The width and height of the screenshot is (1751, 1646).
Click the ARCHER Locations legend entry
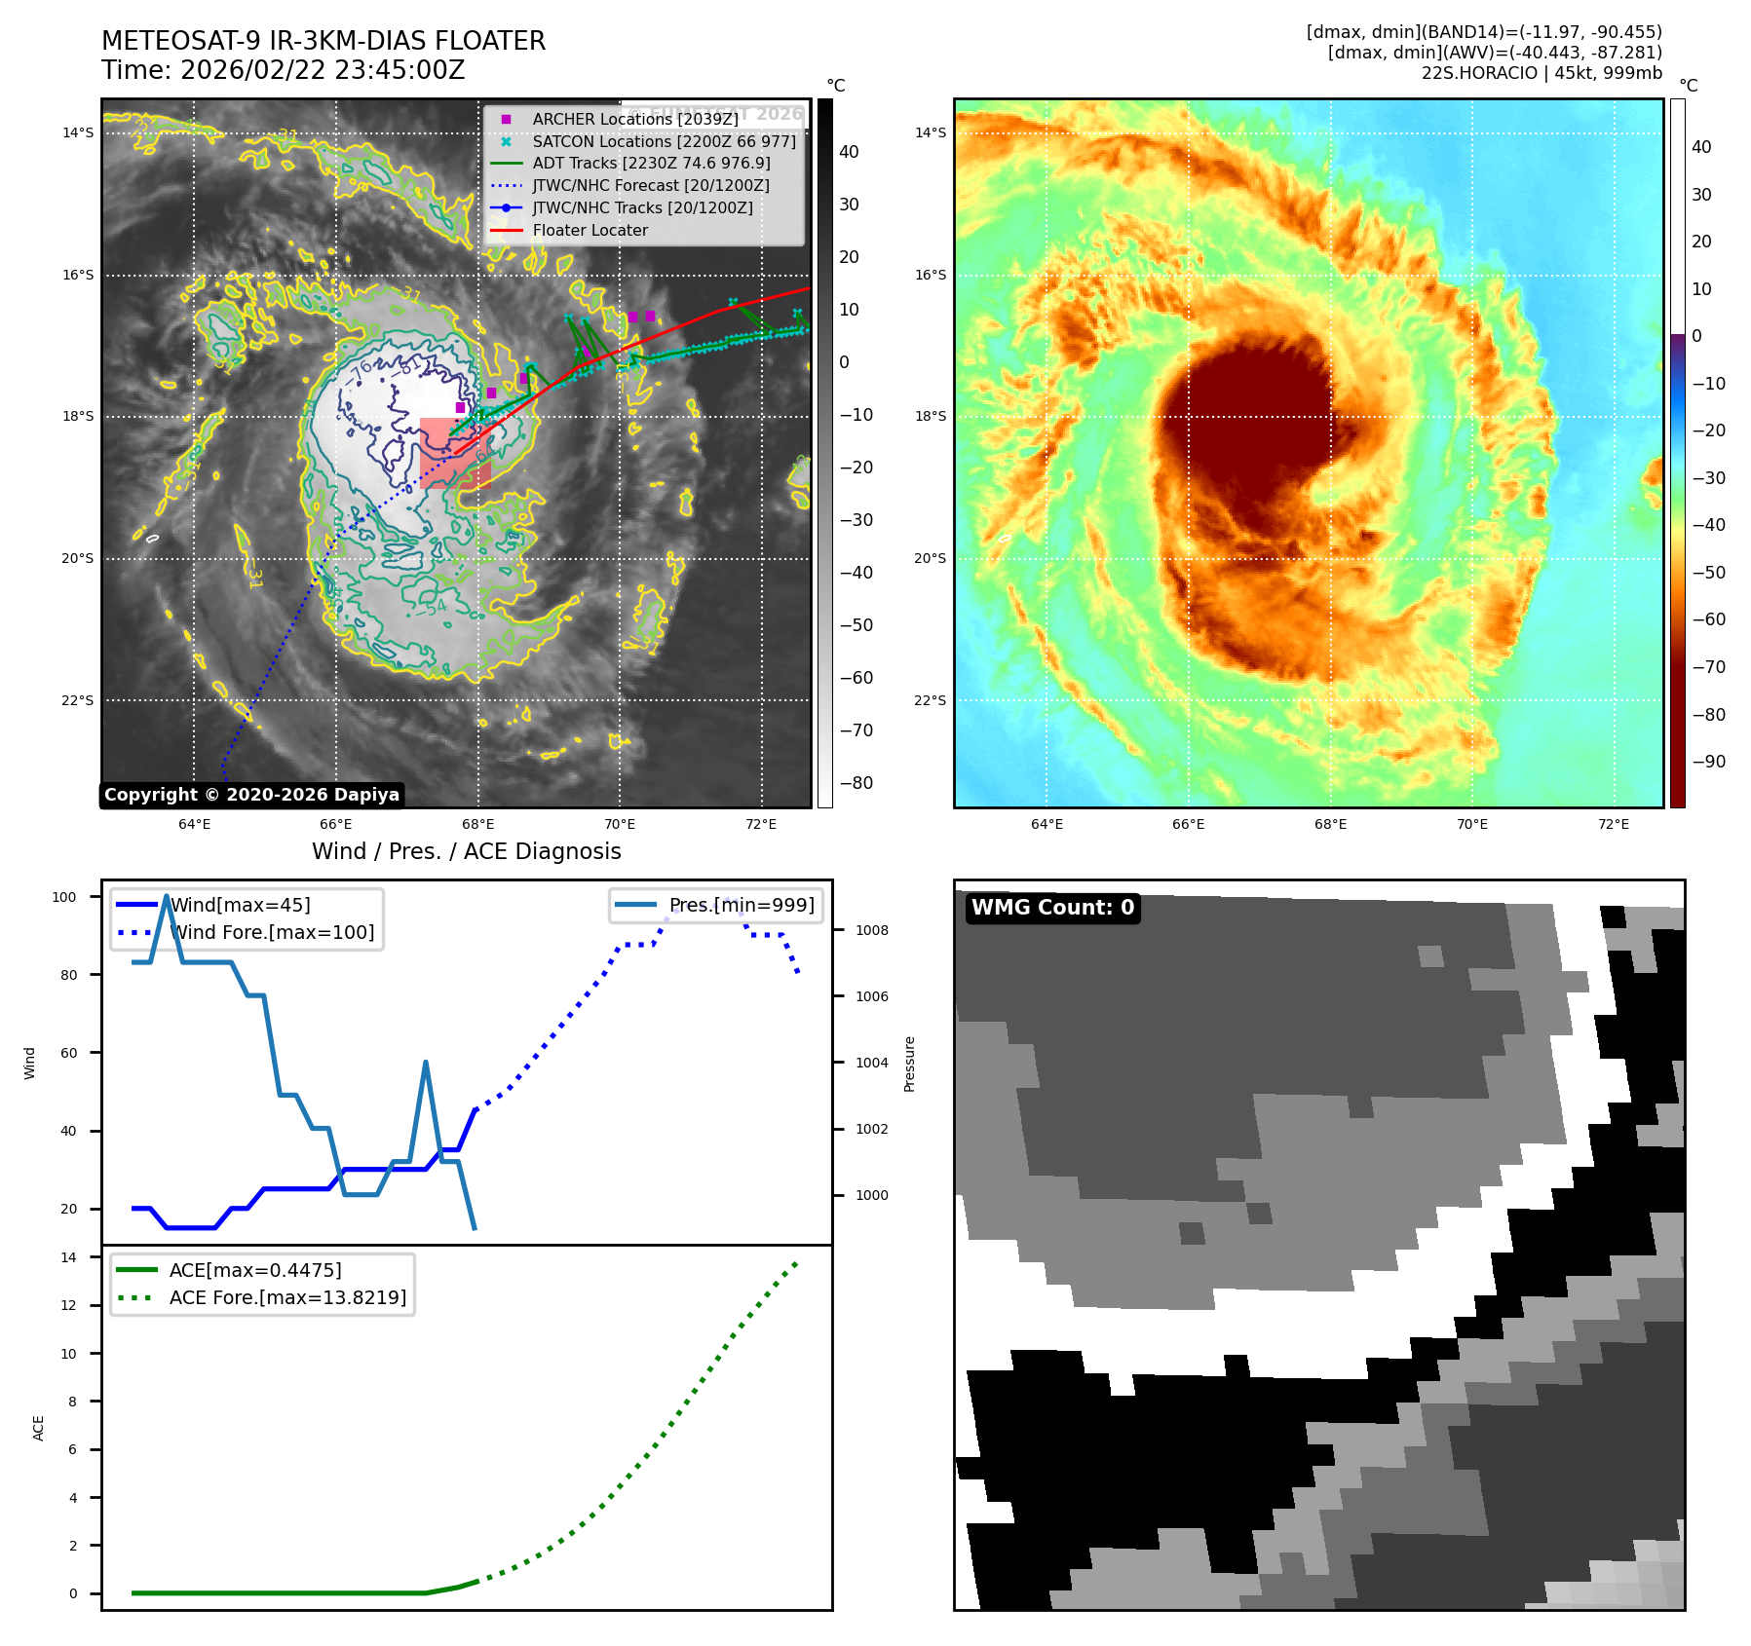(x=634, y=119)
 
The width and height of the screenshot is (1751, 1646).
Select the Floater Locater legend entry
(x=590, y=231)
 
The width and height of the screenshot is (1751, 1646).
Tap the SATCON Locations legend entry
(x=663, y=141)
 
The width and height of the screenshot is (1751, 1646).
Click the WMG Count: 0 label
(x=1052, y=908)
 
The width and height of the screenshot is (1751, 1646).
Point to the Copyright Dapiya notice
(x=251, y=795)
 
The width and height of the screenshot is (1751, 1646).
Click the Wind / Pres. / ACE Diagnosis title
(x=466, y=851)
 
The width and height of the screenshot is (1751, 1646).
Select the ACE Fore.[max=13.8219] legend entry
(x=287, y=1297)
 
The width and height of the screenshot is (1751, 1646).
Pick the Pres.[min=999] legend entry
(x=741, y=905)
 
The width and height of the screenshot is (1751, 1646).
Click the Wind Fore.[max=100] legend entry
(x=272, y=932)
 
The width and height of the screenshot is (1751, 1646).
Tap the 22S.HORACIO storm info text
(x=1542, y=73)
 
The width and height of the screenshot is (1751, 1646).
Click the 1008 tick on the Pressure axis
(x=871, y=930)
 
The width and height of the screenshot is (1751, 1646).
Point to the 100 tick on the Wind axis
(x=64, y=897)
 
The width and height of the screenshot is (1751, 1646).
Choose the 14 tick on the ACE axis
(x=68, y=1257)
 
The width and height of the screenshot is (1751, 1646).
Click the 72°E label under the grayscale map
(x=761, y=824)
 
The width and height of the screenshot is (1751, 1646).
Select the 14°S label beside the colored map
(x=930, y=133)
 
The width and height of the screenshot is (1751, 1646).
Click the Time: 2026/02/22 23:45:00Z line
(x=284, y=70)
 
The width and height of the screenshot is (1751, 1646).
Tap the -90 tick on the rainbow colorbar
(x=1708, y=762)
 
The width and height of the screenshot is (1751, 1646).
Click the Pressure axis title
(x=909, y=1064)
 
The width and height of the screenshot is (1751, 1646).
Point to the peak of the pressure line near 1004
(x=426, y=1063)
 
